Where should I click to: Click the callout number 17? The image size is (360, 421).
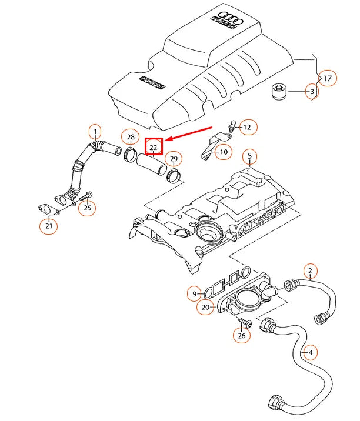pos(327,78)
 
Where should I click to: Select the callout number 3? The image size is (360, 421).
pos(312,92)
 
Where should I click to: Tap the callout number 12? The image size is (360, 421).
pos(247,126)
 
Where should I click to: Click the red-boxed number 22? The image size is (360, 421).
pos(154,146)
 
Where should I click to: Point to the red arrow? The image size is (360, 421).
pos(189,133)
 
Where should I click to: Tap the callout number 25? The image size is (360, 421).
pos(88,207)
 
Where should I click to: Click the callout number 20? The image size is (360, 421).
pos(205,307)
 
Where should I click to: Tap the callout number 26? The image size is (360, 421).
pos(242,336)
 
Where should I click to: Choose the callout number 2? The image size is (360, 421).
pos(309,271)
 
